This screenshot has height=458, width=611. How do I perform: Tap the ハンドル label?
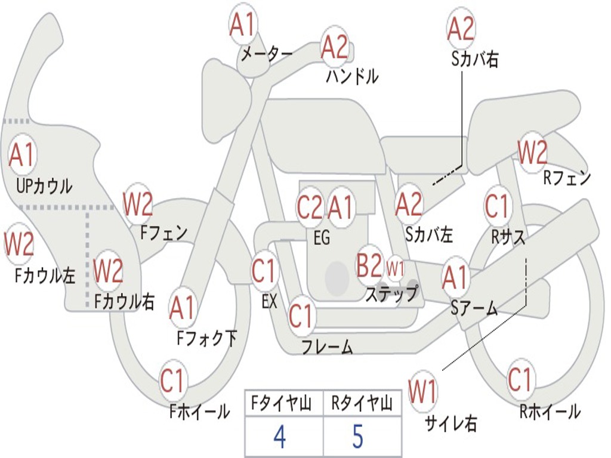point(352,76)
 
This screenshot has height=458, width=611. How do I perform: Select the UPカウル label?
point(44,186)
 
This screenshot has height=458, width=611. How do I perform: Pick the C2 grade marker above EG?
point(310,207)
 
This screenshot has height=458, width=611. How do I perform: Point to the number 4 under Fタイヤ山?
point(280,436)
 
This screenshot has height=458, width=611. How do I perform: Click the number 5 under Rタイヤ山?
point(358,436)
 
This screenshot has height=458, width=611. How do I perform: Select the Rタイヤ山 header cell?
point(362,403)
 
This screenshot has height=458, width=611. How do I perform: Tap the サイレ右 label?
point(451,423)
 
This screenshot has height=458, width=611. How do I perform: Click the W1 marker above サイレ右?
point(422,391)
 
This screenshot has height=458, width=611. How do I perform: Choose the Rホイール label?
point(550,411)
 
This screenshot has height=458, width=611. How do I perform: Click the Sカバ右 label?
point(474,60)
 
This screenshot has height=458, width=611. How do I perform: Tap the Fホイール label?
point(199,411)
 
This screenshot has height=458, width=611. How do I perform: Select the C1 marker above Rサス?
point(497,206)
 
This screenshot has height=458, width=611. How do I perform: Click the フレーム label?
point(328,346)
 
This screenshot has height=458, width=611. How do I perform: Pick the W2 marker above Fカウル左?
point(18,244)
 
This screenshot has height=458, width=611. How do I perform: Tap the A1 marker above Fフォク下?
point(181,308)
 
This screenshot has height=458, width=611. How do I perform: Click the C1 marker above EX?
point(264,270)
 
